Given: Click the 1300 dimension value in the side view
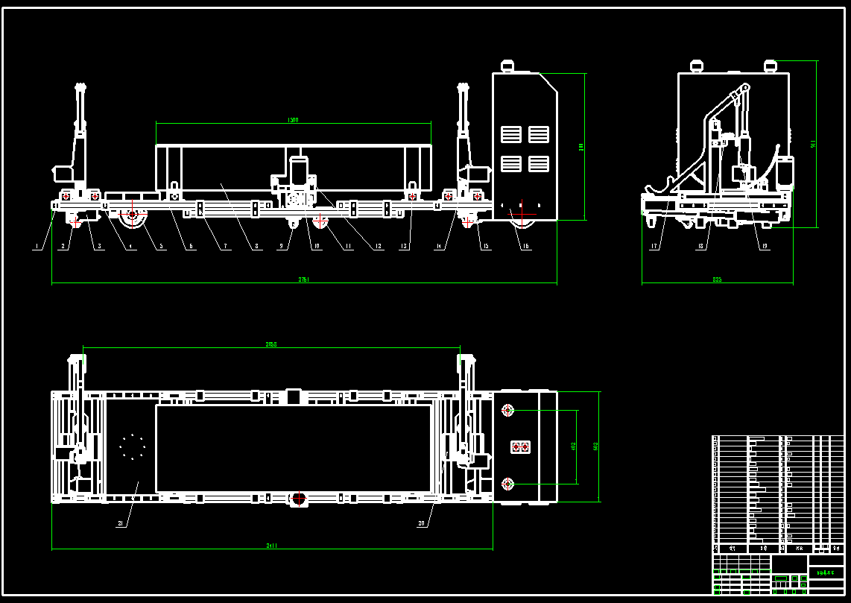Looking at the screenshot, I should pos(293,120).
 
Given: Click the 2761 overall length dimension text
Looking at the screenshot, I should pos(303,280).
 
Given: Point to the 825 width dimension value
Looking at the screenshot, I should pos(717,280).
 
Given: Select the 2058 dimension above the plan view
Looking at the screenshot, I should pos(272,344).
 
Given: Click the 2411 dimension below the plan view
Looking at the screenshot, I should pos(272,546).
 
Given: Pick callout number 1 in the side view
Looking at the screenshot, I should pos(35,247).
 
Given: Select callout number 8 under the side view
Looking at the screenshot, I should pos(256,247).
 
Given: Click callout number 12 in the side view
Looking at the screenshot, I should pos(379,247).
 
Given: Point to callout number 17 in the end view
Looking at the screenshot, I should pos(654,247).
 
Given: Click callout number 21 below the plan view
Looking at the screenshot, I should pos(119,523).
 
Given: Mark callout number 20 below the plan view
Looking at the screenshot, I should pos(421,523).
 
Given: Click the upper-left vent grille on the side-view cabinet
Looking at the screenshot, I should pos(511,134).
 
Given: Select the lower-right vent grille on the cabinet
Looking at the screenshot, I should pos(539,163).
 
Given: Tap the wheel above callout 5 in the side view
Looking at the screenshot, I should pos(133,217).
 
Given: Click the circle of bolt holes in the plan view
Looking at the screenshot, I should pos(132,446).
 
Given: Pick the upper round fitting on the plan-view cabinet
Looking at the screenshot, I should pos(508,410).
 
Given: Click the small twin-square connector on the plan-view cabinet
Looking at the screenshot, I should pos(519,447).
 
